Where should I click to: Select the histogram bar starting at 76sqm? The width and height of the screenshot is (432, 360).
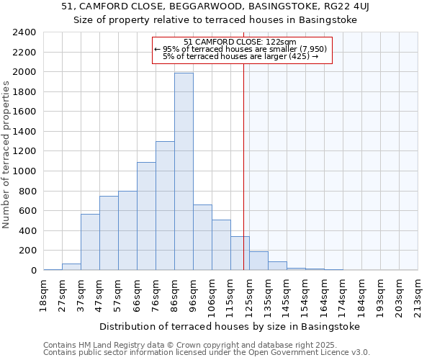click(165, 206)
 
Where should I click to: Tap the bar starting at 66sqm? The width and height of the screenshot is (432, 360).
click(146, 216)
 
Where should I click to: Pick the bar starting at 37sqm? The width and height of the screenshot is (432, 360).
click(90, 242)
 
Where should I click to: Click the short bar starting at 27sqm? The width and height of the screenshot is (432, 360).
click(71, 266)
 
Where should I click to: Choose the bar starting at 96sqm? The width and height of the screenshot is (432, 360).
click(202, 238)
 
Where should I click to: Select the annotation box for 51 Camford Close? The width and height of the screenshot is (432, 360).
click(243, 50)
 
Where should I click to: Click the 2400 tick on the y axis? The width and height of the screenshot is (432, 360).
click(26, 32)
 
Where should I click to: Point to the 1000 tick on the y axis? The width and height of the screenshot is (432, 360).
click(26, 171)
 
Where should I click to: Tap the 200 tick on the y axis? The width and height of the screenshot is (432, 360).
click(29, 251)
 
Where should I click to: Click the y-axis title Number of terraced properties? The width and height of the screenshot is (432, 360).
click(7, 155)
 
